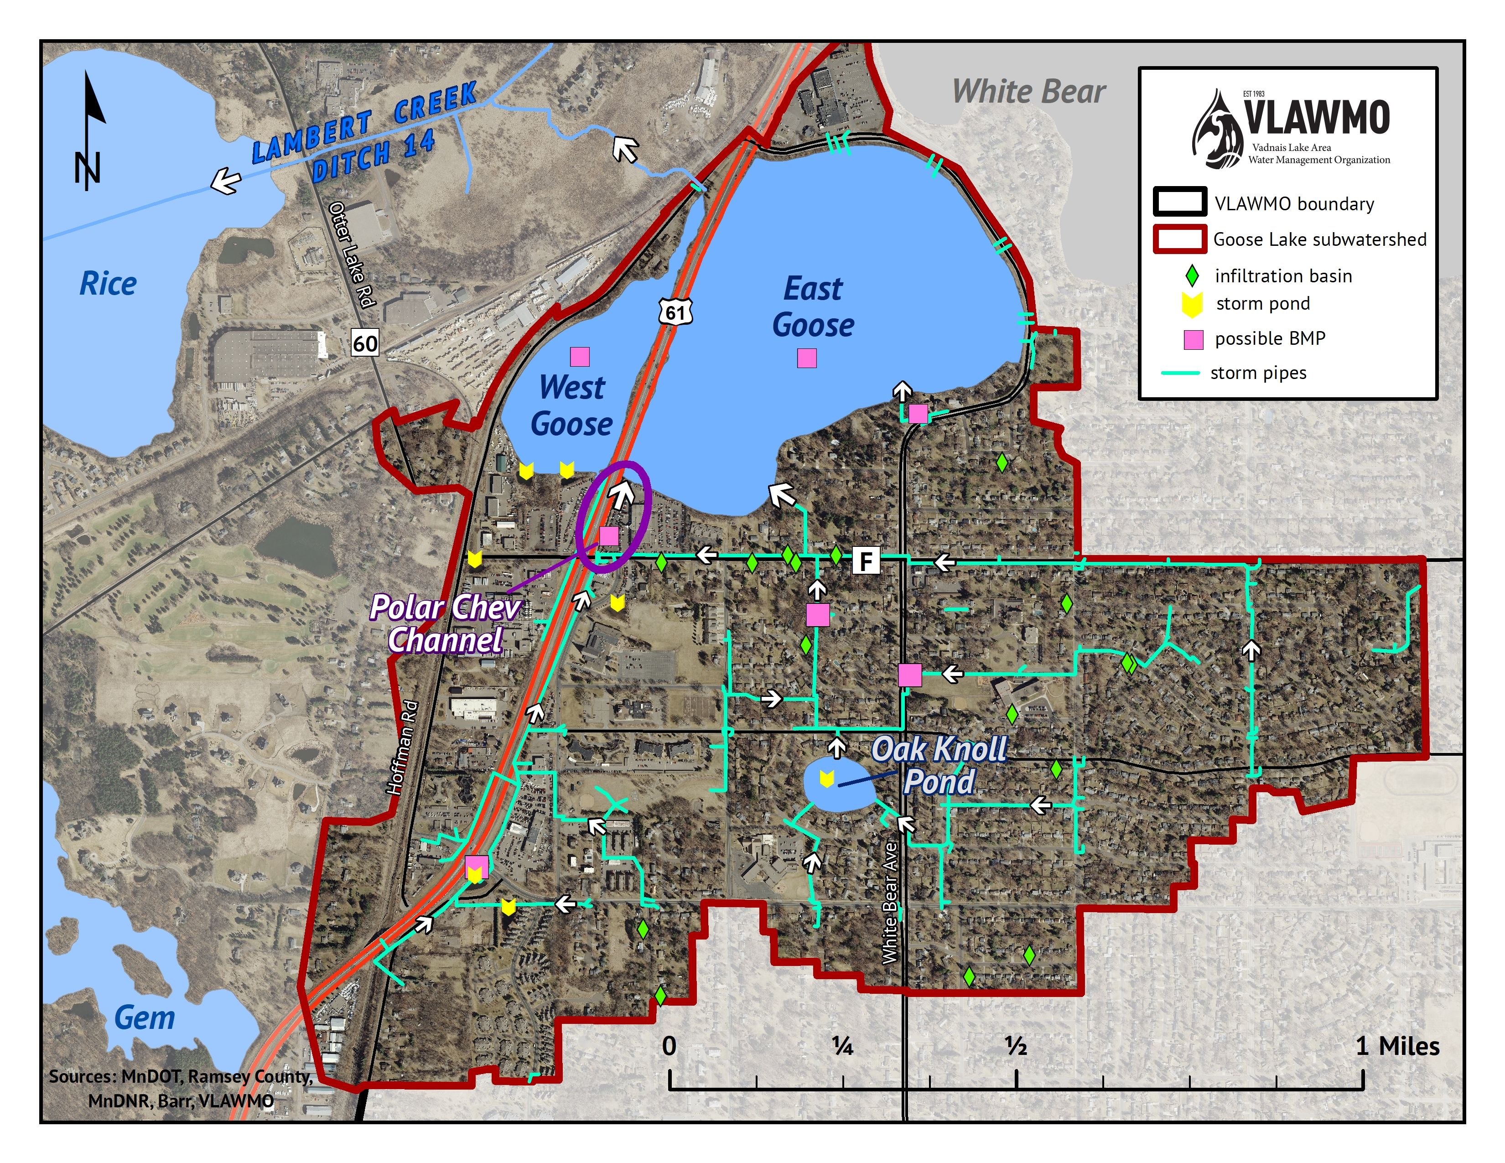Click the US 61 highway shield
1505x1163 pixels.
(675, 313)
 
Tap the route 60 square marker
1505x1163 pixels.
(365, 343)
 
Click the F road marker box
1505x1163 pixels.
(866, 561)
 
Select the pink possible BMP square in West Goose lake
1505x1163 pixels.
(580, 356)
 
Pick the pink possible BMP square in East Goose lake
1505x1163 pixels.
(806, 358)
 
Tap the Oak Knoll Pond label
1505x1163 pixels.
(939, 765)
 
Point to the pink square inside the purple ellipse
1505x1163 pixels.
(608, 535)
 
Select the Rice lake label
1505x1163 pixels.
(108, 284)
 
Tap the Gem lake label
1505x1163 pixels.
(144, 1018)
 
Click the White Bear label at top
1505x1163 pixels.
(1028, 92)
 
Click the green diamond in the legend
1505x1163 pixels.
(1191, 276)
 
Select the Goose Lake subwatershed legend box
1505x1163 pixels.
(1180, 239)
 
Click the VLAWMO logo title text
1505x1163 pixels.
(1316, 118)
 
